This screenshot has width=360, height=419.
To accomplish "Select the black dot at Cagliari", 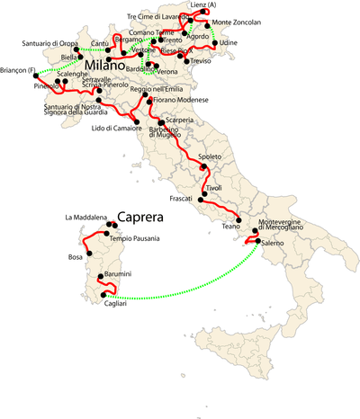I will tap(105, 295).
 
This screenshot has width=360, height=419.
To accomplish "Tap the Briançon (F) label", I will tap(21, 71).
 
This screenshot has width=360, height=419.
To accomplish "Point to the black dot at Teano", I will tap(238, 221).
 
